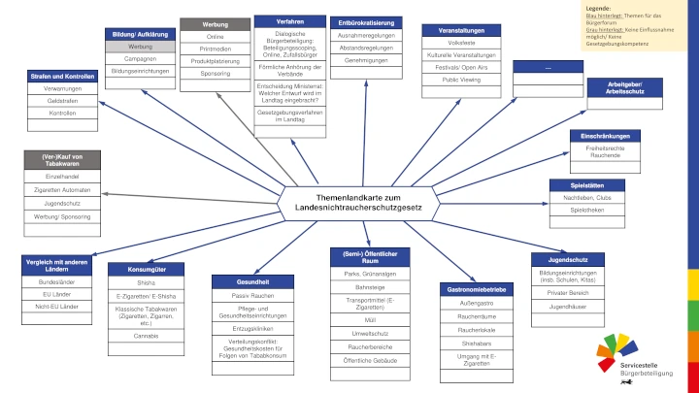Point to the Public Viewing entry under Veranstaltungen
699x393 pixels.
pyautogui.click(x=461, y=80)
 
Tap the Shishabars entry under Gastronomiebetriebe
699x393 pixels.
pyautogui.click(x=476, y=343)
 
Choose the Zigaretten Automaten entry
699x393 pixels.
pyautogui.click(x=61, y=190)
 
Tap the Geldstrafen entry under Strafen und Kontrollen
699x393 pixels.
pyautogui.click(x=61, y=100)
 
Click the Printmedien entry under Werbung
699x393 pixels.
pyautogui.click(x=216, y=49)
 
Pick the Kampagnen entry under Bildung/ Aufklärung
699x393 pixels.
pyautogui.click(x=140, y=59)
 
